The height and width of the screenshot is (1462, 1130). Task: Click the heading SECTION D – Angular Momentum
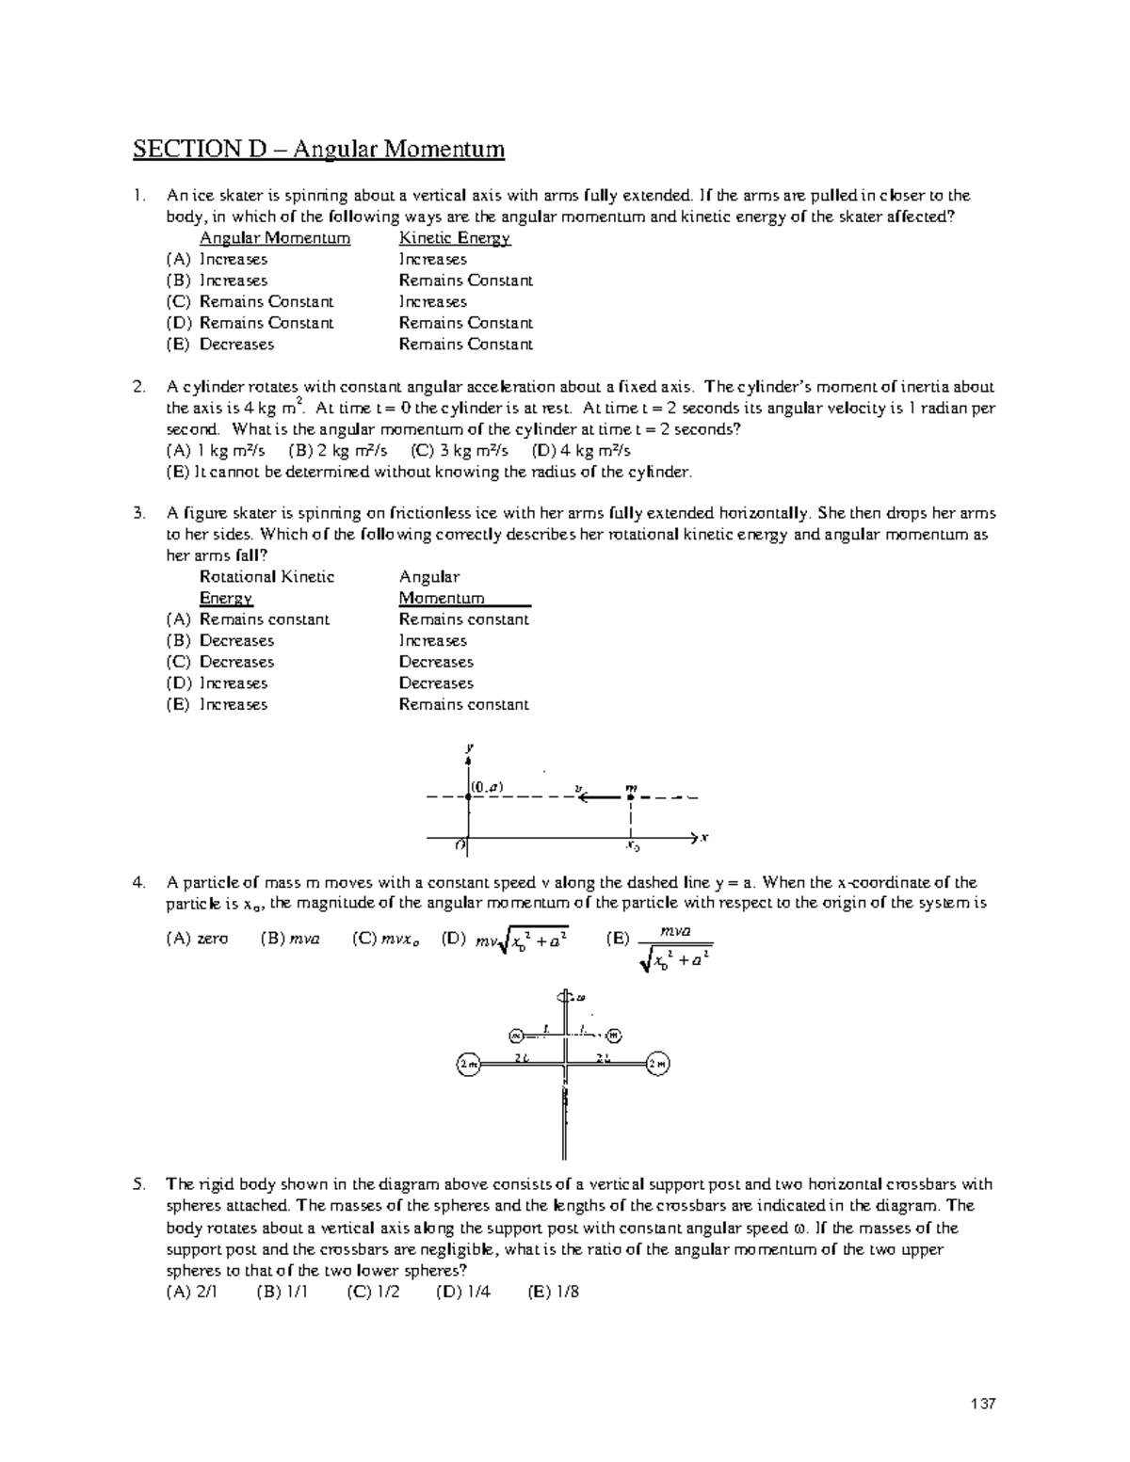pyautogui.click(x=318, y=149)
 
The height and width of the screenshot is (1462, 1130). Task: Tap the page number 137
pyautogui.click(x=982, y=1404)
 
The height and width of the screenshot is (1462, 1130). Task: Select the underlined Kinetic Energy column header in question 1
pyautogui.click(x=454, y=238)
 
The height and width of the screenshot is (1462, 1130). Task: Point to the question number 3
pyautogui.click(x=138, y=513)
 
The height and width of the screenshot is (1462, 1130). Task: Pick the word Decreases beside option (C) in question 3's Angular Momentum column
pyautogui.click(x=436, y=662)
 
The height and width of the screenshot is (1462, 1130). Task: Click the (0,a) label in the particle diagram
pyautogui.click(x=488, y=786)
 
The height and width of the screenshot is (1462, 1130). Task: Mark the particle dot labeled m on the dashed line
pyautogui.click(x=630, y=796)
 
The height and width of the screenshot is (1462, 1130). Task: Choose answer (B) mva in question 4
pyautogui.click(x=290, y=938)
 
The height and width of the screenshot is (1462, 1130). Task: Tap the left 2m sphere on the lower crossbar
pyautogui.click(x=469, y=1064)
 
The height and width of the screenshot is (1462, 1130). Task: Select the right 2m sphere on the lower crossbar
pyautogui.click(x=658, y=1064)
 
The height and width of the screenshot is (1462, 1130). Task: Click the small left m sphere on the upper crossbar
pyautogui.click(x=515, y=1035)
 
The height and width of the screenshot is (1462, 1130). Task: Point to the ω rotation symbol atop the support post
pyautogui.click(x=579, y=996)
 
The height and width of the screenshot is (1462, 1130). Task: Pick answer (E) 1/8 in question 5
pyautogui.click(x=554, y=1292)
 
